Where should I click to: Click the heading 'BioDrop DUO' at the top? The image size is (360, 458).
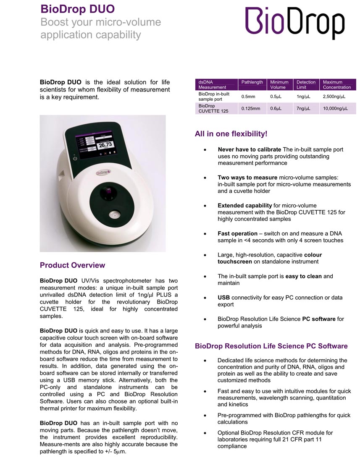(77, 9)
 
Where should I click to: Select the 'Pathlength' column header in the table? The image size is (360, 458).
(252, 82)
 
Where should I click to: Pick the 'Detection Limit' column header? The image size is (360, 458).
(306, 84)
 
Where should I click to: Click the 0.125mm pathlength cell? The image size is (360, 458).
(251, 109)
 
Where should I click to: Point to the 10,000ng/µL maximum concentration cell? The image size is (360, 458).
(337, 109)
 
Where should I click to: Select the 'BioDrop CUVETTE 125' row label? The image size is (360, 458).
(213, 109)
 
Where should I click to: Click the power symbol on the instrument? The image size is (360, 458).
(75, 158)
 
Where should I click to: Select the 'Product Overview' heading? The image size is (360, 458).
(72, 265)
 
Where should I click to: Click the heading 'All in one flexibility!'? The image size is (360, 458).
(231, 134)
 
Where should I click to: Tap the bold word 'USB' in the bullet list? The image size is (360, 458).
(223, 298)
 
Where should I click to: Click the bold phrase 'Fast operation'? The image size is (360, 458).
(237, 233)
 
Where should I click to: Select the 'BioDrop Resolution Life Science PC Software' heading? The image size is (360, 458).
(271, 346)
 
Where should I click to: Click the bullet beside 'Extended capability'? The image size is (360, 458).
(204, 206)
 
